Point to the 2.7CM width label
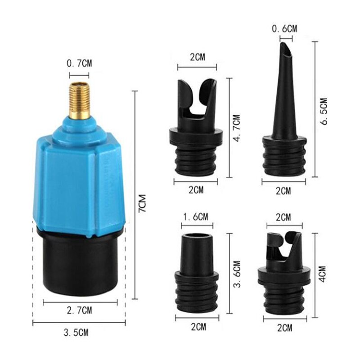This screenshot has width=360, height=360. pyautogui.click(x=79, y=310)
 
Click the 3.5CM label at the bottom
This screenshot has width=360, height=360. pyautogui.click(x=75, y=333)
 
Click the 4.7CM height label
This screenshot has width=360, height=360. pyautogui.click(x=237, y=129)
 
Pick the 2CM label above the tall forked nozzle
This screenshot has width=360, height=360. pyautogui.click(x=198, y=57)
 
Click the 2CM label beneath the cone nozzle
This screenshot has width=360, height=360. pyautogui.click(x=283, y=191)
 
